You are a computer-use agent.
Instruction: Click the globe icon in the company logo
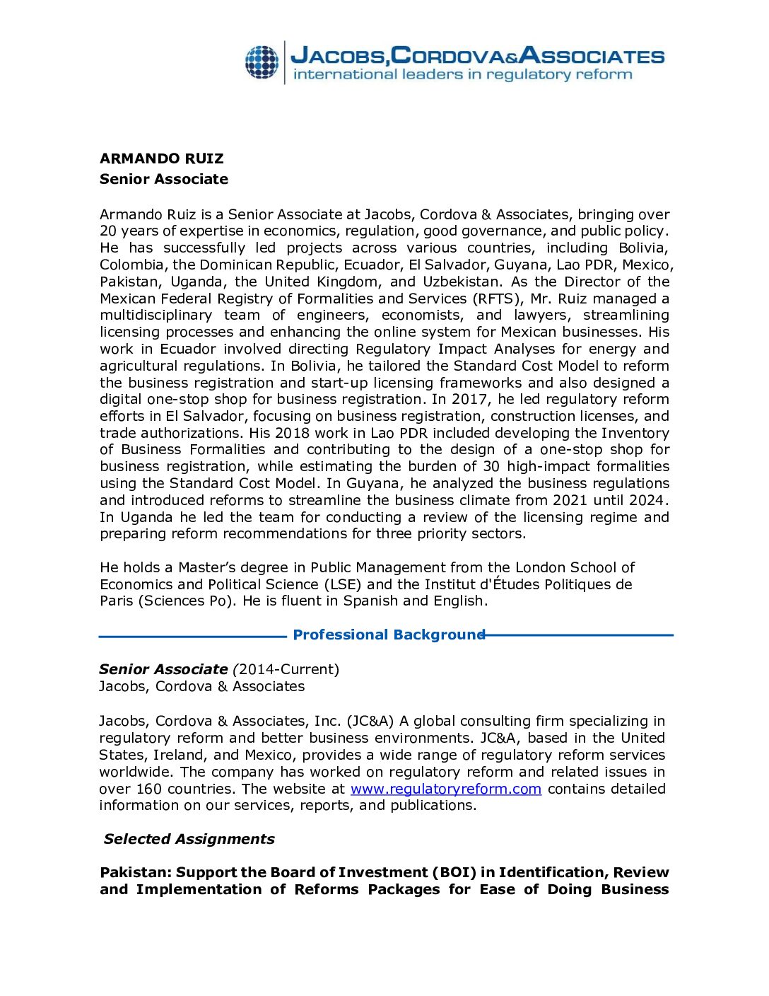[x=262, y=62]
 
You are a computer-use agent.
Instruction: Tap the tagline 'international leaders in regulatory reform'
[x=462, y=75]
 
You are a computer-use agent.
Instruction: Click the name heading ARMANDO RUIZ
[x=162, y=158]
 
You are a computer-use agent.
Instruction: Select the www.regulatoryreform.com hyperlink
[x=446, y=789]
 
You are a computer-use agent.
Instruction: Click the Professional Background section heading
[x=389, y=635]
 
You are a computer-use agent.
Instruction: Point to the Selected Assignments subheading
[x=189, y=839]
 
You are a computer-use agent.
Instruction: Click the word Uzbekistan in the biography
[x=461, y=282]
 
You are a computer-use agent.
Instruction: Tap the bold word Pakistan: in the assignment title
[x=135, y=873]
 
